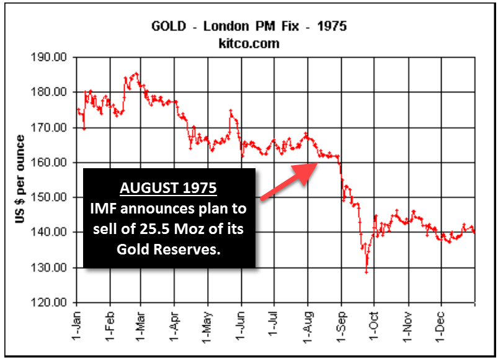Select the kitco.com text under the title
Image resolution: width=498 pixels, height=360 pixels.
[249, 43]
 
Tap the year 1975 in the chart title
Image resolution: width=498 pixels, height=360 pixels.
[332, 27]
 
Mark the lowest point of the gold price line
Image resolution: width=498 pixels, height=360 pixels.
[367, 272]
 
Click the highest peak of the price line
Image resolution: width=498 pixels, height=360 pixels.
[136, 73]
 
